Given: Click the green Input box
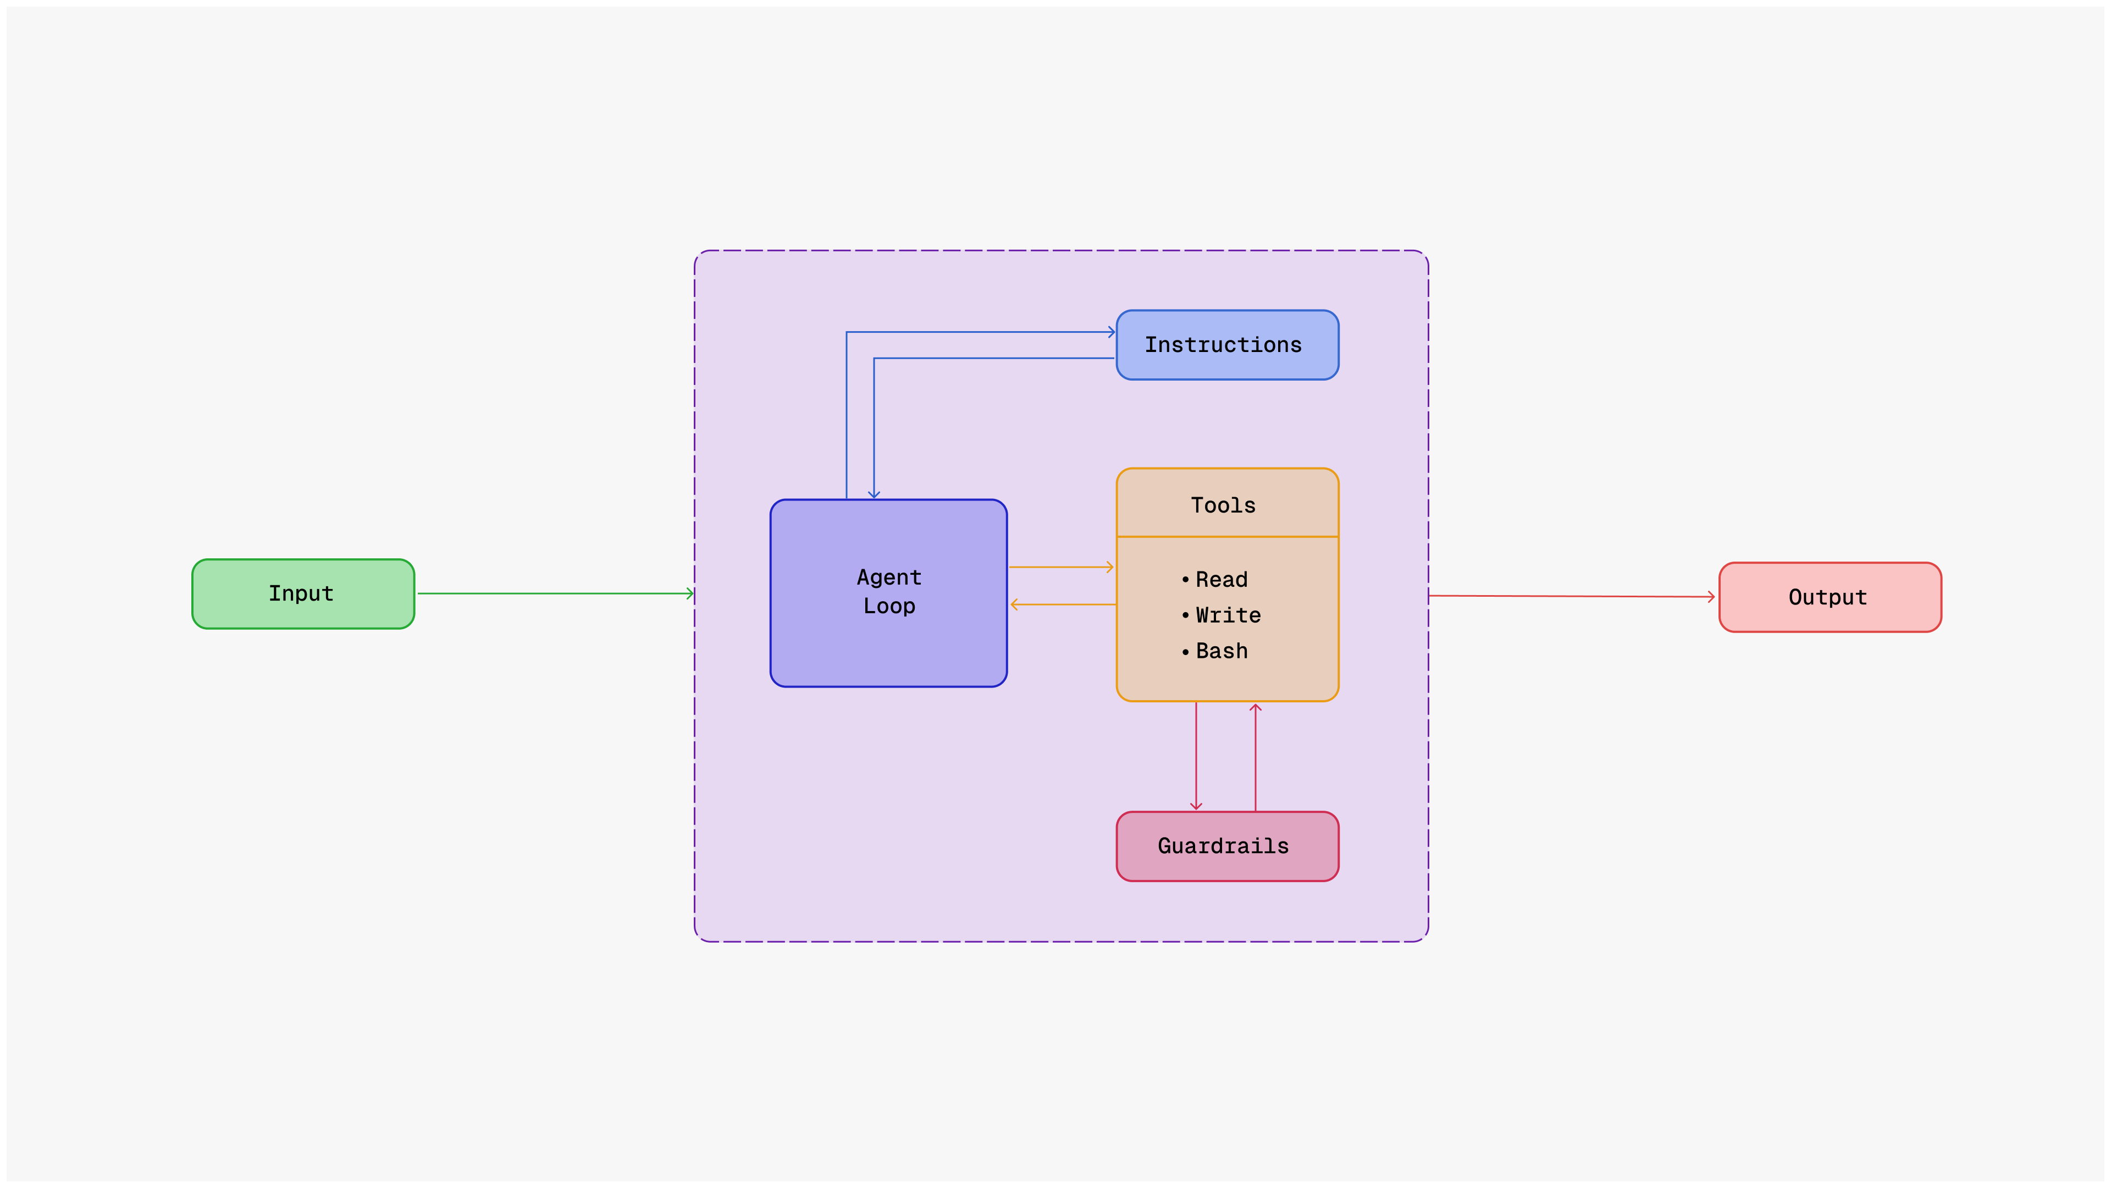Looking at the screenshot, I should pyautogui.click(x=302, y=593).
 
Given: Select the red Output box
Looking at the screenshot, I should pyautogui.click(x=1829, y=597).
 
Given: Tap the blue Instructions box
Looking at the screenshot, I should pyautogui.click(x=1227, y=345).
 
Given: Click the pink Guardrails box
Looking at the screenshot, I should pyautogui.click(x=1227, y=846).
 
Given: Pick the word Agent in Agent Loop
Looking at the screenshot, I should pyautogui.click(x=889, y=577).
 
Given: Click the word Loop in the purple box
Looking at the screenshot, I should pyautogui.click(x=889, y=606).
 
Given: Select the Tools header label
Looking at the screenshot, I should pyautogui.click(x=1223, y=505).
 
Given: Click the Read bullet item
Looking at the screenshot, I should pyautogui.click(x=1221, y=580).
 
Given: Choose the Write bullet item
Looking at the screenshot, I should pyautogui.click(x=1228, y=615).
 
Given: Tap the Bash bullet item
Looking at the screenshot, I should pyautogui.click(x=1221, y=651).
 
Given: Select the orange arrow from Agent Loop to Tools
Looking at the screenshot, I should pyautogui.click(x=1060, y=566).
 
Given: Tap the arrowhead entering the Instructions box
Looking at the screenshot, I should pyautogui.click(x=1111, y=332).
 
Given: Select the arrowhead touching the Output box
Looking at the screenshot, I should pyautogui.click(x=1711, y=597).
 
